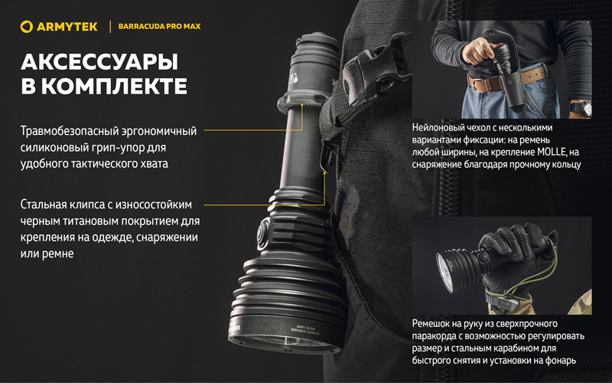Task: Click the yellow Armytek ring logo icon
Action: pos(27,27)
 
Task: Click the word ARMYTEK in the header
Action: pos(67,27)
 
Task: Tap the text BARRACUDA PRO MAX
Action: pos(159,27)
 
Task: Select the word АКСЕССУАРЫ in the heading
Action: pos(99,62)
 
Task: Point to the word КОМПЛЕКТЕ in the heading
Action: pos(119,87)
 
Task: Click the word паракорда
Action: pos(433,336)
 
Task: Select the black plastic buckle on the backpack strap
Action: pos(374,75)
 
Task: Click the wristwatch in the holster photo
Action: pos(581,108)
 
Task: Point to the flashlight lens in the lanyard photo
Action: pos(446,272)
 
